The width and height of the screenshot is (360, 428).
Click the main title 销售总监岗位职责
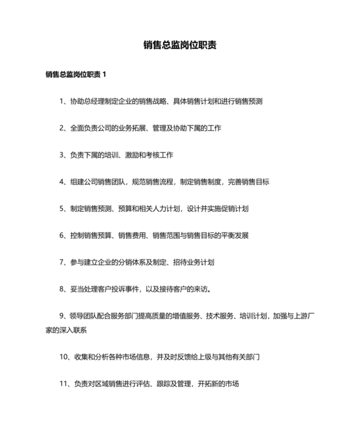coord(180,45)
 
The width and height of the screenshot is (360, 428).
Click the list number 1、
coord(63,101)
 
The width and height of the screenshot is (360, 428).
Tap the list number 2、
coord(63,128)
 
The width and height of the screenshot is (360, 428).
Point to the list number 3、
coord(63,155)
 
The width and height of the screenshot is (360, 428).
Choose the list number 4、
coord(63,182)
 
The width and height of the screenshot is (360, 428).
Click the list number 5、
coord(63,209)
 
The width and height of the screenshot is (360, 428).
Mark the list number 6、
coord(63,236)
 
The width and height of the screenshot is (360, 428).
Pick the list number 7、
coord(63,262)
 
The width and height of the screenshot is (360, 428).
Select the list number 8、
coord(63,289)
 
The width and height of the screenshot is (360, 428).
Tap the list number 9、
coord(63,315)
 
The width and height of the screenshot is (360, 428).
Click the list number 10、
coord(65,356)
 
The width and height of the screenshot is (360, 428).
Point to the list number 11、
coord(65,384)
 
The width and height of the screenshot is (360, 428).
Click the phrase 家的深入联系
coord(66,330)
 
